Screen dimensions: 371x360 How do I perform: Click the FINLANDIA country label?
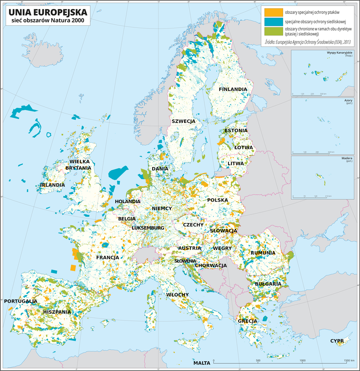(233, 89)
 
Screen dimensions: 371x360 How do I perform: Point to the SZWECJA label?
(183, 121)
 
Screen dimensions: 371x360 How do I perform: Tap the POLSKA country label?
(217, 200)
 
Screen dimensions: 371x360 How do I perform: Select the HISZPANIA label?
(57, 312)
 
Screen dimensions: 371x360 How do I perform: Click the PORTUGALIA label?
(21, 301)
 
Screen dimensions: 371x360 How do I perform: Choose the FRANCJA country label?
(108, 257)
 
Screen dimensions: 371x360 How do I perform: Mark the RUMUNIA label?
(263, 253)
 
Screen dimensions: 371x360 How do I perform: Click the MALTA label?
(202, 363)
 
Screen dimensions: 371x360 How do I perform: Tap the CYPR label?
(337, 341)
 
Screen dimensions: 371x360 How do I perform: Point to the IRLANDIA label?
(52, 185)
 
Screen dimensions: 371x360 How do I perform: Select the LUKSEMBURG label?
(148, 228)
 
